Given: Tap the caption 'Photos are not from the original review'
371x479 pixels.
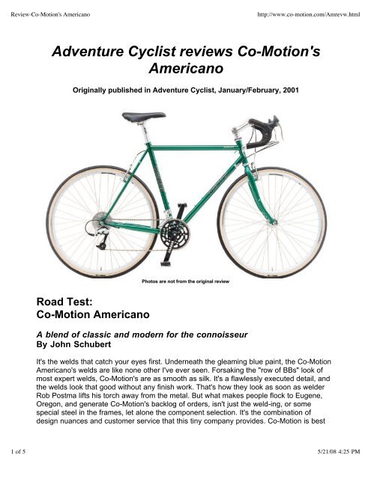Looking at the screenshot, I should (185, 281).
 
